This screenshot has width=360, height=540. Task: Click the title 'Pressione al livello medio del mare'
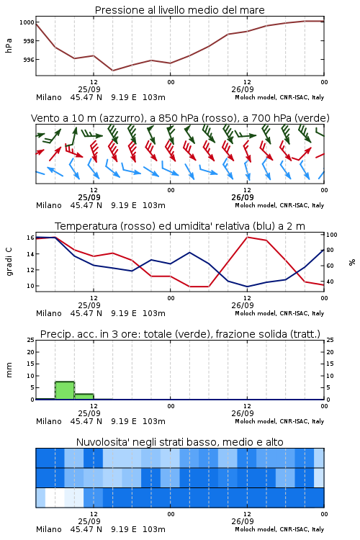(x=179, y=10)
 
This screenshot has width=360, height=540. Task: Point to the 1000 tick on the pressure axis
(x=27, y=22)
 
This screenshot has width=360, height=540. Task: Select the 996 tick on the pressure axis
(x=29, y=60)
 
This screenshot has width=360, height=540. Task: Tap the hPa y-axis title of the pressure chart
(x=9, y=45)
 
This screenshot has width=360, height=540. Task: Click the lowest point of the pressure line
(x=112, y=71)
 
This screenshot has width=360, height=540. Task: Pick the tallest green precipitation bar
(x=65, y=390)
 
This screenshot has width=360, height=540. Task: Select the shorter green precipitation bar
(x=84, y=397)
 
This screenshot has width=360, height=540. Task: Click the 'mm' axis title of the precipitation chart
(x=9, y=370)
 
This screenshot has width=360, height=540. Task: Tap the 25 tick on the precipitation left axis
(x=31, y=340)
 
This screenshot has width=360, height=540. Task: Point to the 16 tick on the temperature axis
(x=31, y=238)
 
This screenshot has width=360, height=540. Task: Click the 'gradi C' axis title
(x=9, y=261)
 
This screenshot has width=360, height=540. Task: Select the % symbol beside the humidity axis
(x=352, y=262)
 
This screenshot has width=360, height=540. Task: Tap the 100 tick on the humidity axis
(x=331, y=235)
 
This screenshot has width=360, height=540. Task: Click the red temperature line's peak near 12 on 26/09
(x=247, y=237)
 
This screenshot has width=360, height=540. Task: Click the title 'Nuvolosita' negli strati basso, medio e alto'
(x=179, y=442)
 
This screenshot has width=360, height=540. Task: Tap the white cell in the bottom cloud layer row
(x=55, y=498)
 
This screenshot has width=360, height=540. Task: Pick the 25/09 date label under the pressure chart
(x=89, y=89)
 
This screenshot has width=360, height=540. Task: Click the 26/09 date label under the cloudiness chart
(x=243, y=521)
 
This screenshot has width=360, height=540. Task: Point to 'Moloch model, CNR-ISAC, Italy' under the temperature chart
(x=279, y=313)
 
